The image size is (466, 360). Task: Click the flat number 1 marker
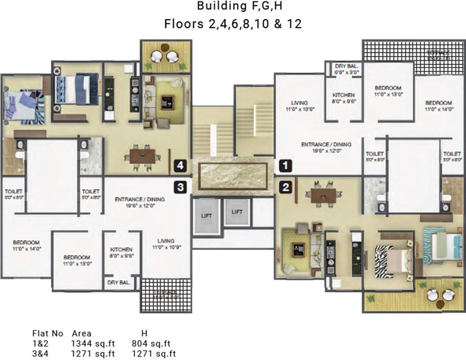click(286, 165)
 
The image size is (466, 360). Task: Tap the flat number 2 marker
click(286, 187)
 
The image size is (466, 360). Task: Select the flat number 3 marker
click(181, 187)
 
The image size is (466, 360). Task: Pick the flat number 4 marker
click(181, 165)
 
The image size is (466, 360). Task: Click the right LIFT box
click(237, 212)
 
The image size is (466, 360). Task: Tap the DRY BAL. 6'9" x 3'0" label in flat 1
click(347, 70)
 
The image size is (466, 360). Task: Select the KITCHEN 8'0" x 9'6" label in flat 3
click(121, 253)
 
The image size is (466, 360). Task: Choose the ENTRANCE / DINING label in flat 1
click(326, 148)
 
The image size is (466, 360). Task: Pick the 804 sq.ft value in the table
click(151, 343)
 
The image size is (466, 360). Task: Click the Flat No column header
click(47, 334)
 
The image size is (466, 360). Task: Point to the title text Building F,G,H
click(232, 7)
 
